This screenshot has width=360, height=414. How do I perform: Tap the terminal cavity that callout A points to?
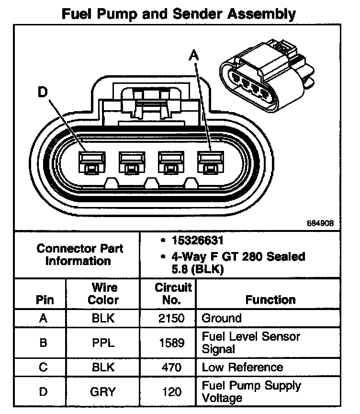coord(207,162)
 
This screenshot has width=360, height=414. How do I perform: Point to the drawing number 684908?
coord(320,223)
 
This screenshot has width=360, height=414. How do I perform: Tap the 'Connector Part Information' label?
coord(79,254)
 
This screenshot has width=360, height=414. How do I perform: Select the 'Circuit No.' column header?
coord(168,293)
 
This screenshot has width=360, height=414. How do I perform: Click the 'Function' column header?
coord(270,299)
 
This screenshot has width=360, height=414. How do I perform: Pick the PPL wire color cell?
coord(103,342)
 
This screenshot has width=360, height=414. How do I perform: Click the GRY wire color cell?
coord(103,391)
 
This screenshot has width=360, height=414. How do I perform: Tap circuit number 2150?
coord(168,318)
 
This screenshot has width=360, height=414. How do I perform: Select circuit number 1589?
coord(168,342)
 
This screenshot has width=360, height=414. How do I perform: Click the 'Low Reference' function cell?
coord(242,368)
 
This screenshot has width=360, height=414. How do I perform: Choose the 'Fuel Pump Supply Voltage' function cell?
coord(251,391)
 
